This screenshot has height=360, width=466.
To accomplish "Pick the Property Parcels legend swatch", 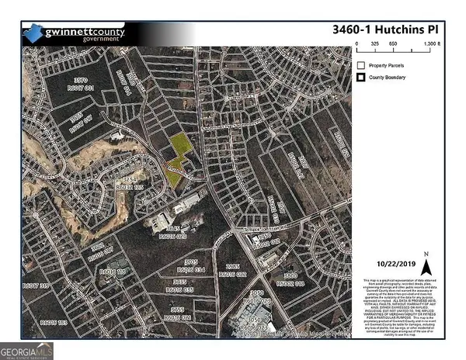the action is (x=361, y=64).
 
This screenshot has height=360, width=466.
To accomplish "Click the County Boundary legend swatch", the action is (x=361, y=78).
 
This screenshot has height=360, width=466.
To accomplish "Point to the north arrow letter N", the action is (x=426, y=254).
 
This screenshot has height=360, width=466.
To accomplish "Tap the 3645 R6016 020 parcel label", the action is (x=176, y=234).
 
